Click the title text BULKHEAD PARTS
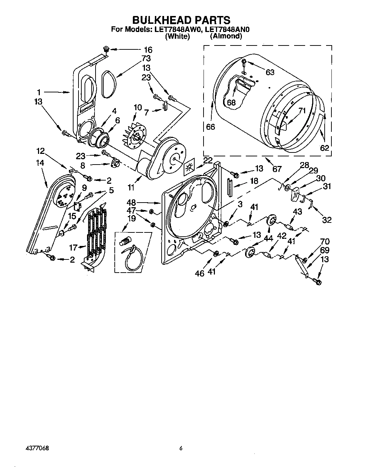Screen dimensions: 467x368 click(181, 20)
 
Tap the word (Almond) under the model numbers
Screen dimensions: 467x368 click(226, 36)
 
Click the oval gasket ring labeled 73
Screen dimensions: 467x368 click(108, 84)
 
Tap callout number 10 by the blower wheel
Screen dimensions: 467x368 click(137, 107)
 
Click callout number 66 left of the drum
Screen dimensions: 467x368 click(210, 127)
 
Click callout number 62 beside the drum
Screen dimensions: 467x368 click(325, 147)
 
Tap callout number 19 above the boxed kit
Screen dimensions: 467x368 click(131, 218)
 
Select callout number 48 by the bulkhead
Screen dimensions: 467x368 click(131, 203)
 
